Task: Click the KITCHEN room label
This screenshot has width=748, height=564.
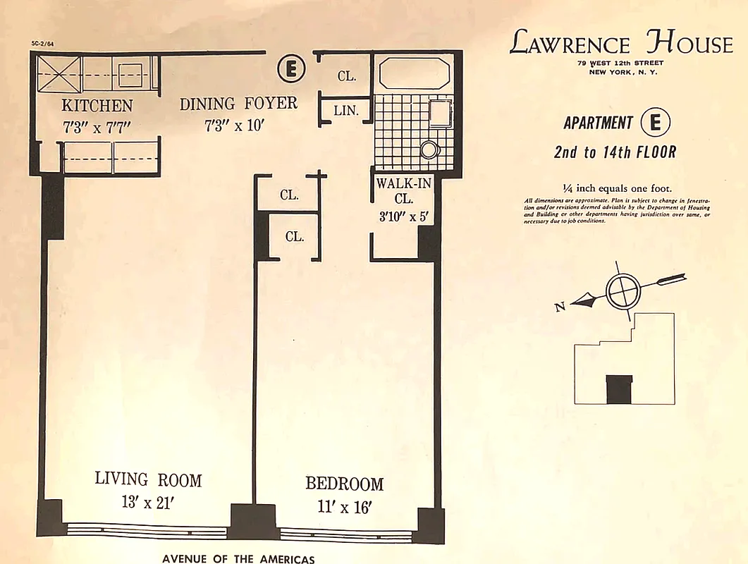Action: tap(97, 106)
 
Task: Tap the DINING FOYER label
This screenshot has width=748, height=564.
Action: tap(238, 104)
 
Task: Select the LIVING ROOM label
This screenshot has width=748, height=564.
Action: tap(148, 480)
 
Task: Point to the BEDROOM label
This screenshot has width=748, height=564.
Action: tap(344, 484)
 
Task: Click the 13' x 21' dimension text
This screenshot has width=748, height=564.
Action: tap(148, 504)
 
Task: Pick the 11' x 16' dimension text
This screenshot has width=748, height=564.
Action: tap(343, 508)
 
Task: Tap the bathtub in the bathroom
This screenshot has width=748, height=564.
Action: tap(414, 74)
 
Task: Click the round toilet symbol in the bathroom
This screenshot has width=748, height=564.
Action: tap(429, 149)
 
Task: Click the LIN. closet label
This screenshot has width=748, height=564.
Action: tap(346, 111)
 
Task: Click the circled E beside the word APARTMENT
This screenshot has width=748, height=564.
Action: tap(655, 123)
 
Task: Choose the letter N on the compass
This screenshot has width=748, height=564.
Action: tap(560, 307)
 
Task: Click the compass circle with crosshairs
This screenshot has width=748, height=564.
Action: tap(623, 290)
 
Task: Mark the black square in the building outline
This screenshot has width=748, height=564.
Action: tap(620, 389)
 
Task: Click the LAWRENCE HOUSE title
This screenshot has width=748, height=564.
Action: tap(620, 44)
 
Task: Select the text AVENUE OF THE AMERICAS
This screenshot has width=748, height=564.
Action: tap(238, 558)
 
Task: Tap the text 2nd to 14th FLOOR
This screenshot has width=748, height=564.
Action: tap(615, 152)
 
